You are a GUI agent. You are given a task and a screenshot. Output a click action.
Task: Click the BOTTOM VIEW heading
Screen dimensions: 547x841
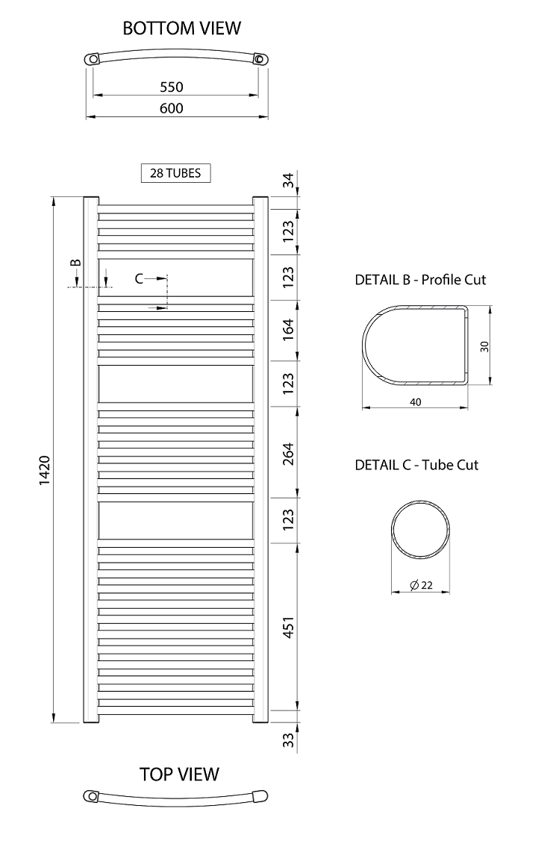182,28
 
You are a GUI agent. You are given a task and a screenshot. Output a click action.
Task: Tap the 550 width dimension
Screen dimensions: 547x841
172,87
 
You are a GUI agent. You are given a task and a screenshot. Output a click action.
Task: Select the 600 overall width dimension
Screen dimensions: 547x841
172,108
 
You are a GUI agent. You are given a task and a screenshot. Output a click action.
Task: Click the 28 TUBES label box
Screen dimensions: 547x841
176,173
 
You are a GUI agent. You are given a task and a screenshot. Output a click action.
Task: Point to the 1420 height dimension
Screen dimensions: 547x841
45,471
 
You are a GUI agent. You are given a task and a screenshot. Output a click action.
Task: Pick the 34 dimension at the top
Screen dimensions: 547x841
289,181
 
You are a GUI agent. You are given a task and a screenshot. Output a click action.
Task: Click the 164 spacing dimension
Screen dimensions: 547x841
289,329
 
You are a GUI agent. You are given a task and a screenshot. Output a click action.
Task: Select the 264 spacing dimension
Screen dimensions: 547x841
289,454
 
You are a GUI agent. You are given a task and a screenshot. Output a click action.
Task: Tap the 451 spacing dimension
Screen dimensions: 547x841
289,628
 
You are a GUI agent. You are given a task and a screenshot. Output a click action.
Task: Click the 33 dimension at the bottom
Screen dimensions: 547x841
289,740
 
